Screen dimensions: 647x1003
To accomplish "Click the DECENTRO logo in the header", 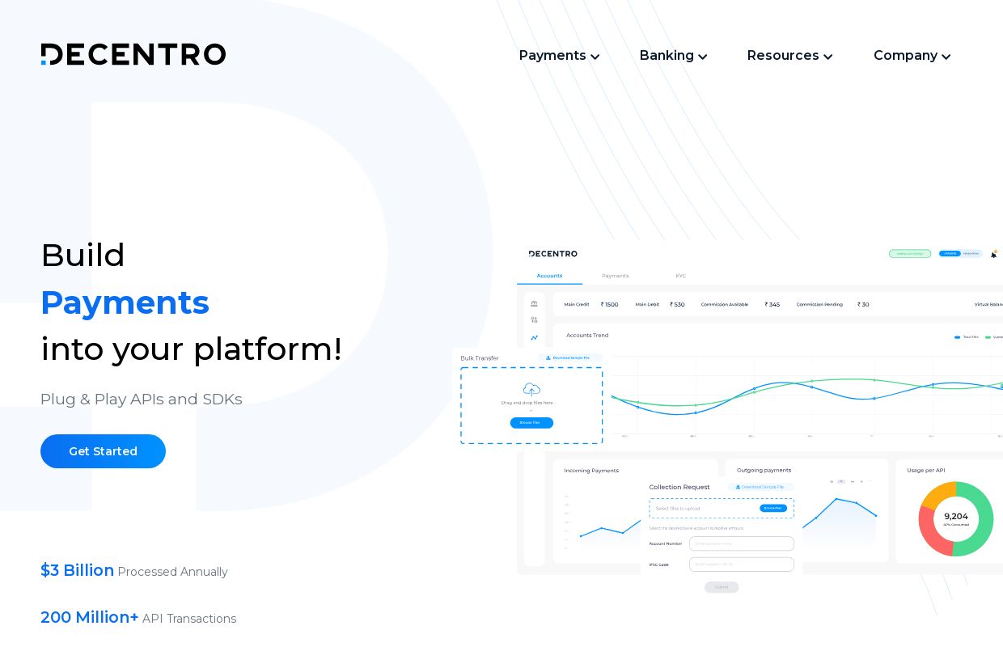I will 133,54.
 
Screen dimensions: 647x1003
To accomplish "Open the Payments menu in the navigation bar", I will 559,56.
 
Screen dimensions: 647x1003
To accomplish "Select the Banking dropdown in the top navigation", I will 673,56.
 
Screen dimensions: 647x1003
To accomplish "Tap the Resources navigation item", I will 789,56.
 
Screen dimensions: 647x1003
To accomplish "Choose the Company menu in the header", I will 912,56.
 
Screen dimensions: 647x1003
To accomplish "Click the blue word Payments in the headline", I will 125,302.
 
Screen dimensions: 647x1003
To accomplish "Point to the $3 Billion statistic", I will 78,570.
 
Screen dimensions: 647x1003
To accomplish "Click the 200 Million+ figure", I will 90,617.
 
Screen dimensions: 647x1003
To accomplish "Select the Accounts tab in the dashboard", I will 549,276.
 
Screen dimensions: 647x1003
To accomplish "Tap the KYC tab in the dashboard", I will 680,276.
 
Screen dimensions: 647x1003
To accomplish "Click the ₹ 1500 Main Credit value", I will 610,305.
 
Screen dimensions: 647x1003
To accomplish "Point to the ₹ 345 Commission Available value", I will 772,305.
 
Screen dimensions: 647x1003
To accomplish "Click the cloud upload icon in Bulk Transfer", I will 531,389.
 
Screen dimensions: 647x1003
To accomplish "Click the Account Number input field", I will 741,543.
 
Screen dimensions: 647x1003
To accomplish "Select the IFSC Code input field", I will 741,564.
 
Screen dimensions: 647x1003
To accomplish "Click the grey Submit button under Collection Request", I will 722,587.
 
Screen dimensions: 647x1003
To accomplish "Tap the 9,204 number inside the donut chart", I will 955,516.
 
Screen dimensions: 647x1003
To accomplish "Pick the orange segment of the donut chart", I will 936,494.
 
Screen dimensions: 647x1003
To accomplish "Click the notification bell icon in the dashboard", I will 994,254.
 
